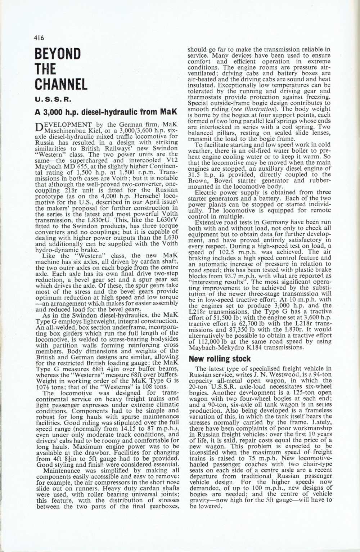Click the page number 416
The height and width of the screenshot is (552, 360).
(x=38, y=37)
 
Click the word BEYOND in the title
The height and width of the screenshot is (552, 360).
(x=58, y=54)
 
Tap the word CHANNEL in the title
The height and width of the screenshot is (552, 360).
(x=61, y=84)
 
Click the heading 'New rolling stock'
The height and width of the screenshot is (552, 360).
(x=220, y=359)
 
